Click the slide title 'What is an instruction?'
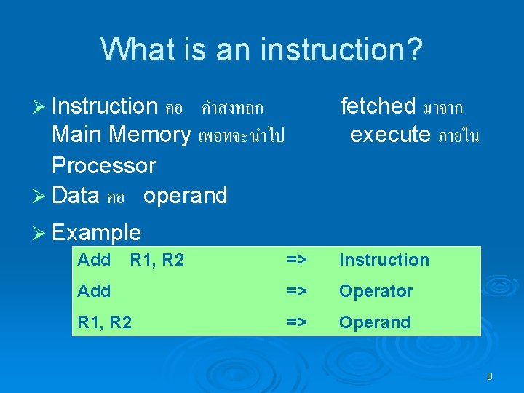tap(261, 50)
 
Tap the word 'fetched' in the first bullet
tap(378, 106)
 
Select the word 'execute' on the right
tap(389, 135)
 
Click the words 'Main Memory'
tap(121, 135)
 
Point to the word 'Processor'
tap(103, 165)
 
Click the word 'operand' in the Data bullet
tap(185, 196)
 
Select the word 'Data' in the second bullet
tap(76, 196)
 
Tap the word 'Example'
tap(96, 233)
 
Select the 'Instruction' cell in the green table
tap(384, 260)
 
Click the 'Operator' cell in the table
tap(376, 291)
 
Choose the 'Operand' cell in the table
tap(374, 322)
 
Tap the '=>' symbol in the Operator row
tap(295, 291)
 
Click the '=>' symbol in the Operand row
tap(295, 322)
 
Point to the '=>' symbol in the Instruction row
tap(295, 260)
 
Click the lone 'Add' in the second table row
tap(94, 291)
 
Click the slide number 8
tap(490, 376)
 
